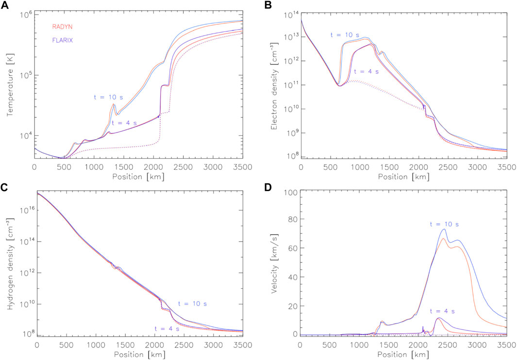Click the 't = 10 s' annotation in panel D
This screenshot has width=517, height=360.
(445, 224)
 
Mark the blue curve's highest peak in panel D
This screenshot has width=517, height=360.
(444, 229)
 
